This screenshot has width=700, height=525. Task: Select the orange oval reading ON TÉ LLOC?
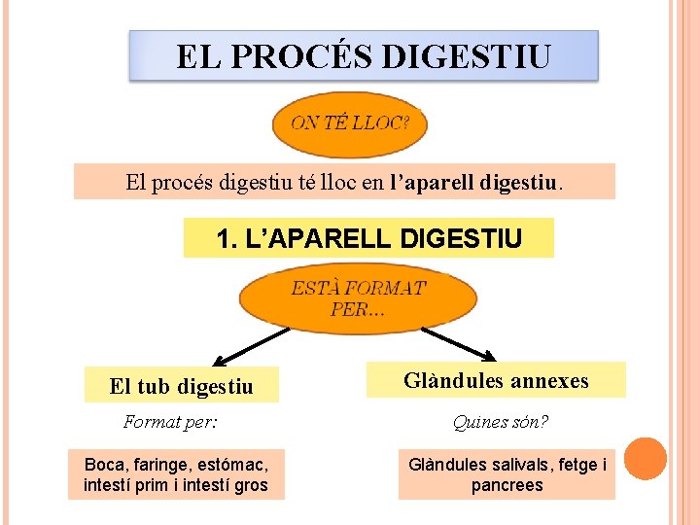(x=350, y=123)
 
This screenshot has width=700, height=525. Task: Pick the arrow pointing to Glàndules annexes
(x=459, y=343)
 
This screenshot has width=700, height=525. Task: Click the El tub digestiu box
(x=182, y=386)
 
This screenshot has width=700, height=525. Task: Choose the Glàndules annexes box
(x=496, y=381)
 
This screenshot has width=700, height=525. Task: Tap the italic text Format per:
(x=170, y=422)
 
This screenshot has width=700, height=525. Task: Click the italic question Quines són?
(x=500, y=422)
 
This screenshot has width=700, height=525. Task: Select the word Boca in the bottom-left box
(x=104, y=465)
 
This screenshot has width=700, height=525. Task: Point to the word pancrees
(x=507, y=485)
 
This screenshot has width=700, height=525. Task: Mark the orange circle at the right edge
(x=645, y=459)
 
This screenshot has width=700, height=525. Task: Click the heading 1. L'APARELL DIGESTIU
(x=368, y=238)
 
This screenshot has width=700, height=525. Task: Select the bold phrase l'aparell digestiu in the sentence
(x=474, y=182)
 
